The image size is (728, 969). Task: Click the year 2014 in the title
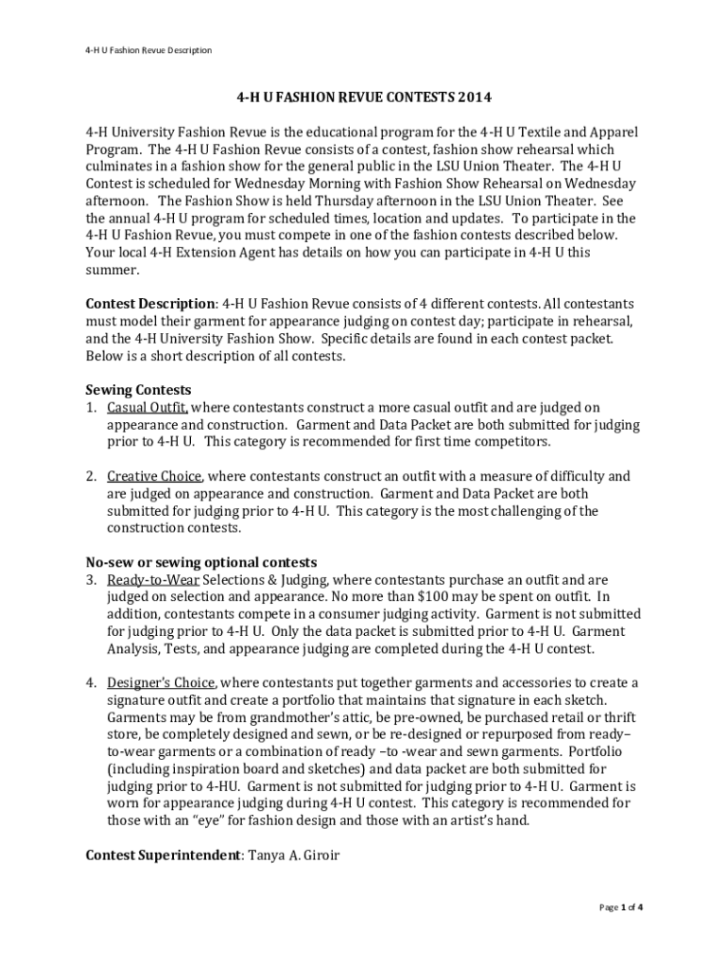pos(475,97)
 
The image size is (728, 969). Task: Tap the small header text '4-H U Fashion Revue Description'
pos(147,50)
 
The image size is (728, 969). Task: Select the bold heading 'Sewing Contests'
pos(139,390)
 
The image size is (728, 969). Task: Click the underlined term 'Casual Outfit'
pos(147,408)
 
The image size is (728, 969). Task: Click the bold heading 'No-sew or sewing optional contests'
pos(201,562)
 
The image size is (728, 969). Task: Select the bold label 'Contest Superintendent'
pos(163,855)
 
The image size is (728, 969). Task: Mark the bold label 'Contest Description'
pos(150,304)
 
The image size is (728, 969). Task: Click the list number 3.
pos(92,579)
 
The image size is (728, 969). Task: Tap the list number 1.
pos(92,408)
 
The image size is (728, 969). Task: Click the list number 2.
pos(92,476)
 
